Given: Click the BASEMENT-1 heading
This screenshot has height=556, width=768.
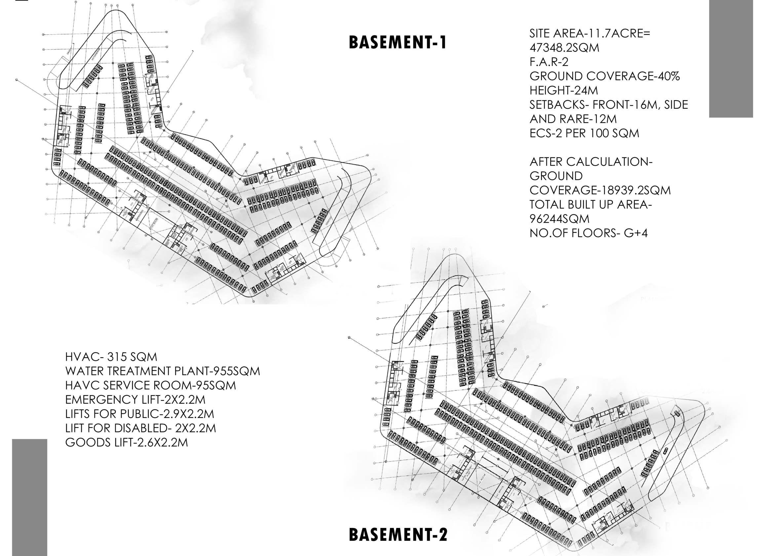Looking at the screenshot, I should (x=398, y=43).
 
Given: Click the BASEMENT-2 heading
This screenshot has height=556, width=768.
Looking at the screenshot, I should (x=398, y=535).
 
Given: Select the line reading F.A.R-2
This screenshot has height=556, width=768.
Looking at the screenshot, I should (x=549, y=62).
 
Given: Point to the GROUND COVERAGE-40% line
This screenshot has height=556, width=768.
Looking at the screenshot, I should (x=604, y=77).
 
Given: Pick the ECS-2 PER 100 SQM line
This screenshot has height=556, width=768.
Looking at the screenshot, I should (x=584, y=133).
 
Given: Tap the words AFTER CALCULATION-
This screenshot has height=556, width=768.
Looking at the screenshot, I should (x=591, y=162).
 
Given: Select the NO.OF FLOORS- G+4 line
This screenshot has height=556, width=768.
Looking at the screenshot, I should (x=589, y=233).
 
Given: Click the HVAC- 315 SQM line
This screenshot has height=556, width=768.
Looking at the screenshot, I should (x=111, y=357).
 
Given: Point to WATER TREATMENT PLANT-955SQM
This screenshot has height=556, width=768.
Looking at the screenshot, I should (x=163, y=371).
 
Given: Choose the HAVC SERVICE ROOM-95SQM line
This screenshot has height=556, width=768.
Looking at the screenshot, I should (x=150, y=385).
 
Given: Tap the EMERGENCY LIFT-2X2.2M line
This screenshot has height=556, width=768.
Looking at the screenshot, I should (x=135, y=400).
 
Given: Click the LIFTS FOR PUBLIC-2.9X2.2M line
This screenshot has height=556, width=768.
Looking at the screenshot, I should (x=139, y=414).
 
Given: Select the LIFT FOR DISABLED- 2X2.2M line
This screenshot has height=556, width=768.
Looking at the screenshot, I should (x=140, y=428).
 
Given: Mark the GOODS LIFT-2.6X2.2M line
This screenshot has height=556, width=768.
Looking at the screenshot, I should (x=126, y=443).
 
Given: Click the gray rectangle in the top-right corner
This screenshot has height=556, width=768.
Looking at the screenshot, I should (x=731, y=58).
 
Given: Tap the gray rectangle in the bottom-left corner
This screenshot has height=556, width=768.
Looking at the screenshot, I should (x=29, y=497).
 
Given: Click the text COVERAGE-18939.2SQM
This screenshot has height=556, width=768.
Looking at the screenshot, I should (x=600, y=191).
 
